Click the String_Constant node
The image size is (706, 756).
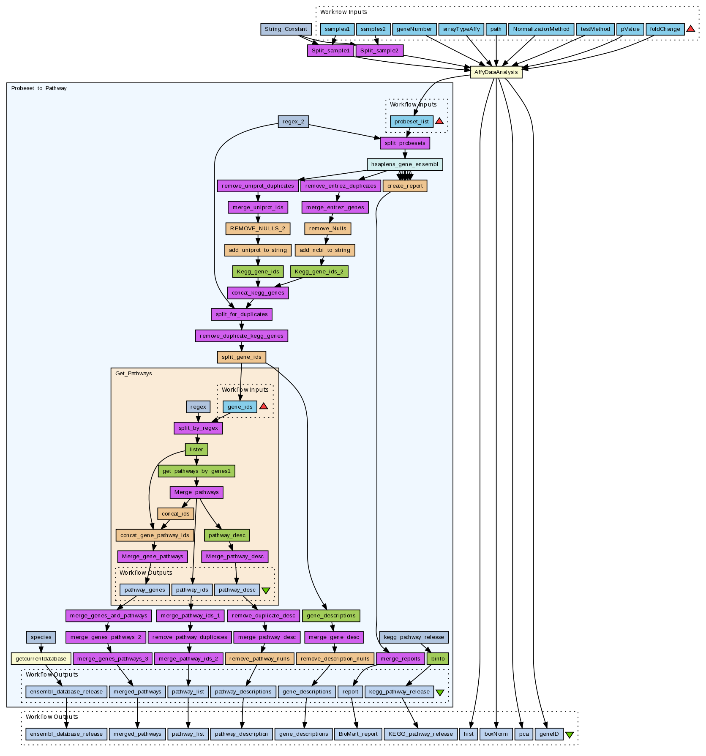click(x=286, y=29)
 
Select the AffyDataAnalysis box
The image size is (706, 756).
click(x=496, y=72)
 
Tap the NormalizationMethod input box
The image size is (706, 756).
click(x=541, y=29)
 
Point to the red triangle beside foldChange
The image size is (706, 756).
click(x=690, y=29)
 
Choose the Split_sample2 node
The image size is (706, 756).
click(x=379, y=51)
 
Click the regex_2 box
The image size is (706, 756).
click(x=293, y=122)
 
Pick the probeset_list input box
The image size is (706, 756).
click(x=412, y=122)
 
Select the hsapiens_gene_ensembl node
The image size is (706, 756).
click(x=405, y=164)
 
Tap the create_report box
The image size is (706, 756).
click(x=405, y=186)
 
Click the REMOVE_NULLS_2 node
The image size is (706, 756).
click(x=258, y=229)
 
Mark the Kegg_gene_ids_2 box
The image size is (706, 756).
click(x=319, y=272)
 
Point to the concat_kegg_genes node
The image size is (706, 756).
click(x=258, y=293)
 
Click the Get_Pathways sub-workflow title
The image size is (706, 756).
click(x=134, y=374)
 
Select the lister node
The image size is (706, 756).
click(x=196, y=450)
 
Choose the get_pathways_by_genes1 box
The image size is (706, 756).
click(x=196, y=471)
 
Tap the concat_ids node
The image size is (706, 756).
click(x=175, y=514)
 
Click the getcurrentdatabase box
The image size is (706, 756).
click(x=41, y=659)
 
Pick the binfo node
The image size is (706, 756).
click(x=438, y=659)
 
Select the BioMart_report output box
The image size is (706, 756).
click(x=358, y=734)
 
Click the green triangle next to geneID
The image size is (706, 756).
click(x=569, y=735)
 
